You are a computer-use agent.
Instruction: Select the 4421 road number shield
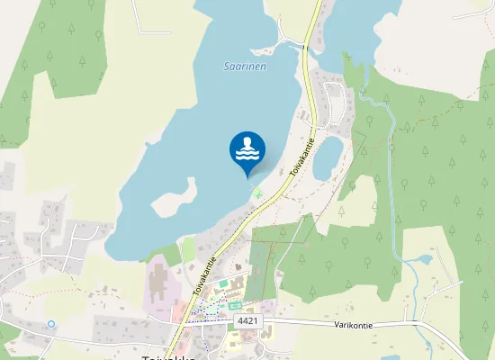(x=247, y=320)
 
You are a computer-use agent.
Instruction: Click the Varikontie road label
(x=353, y=324)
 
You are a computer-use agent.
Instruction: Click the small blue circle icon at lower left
(x=51, y=323)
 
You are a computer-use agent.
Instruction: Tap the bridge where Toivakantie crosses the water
(x=309, y=40)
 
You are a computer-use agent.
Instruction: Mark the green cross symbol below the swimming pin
(x=258, y=193)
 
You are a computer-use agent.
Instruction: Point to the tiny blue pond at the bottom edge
(x=389, y=357)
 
